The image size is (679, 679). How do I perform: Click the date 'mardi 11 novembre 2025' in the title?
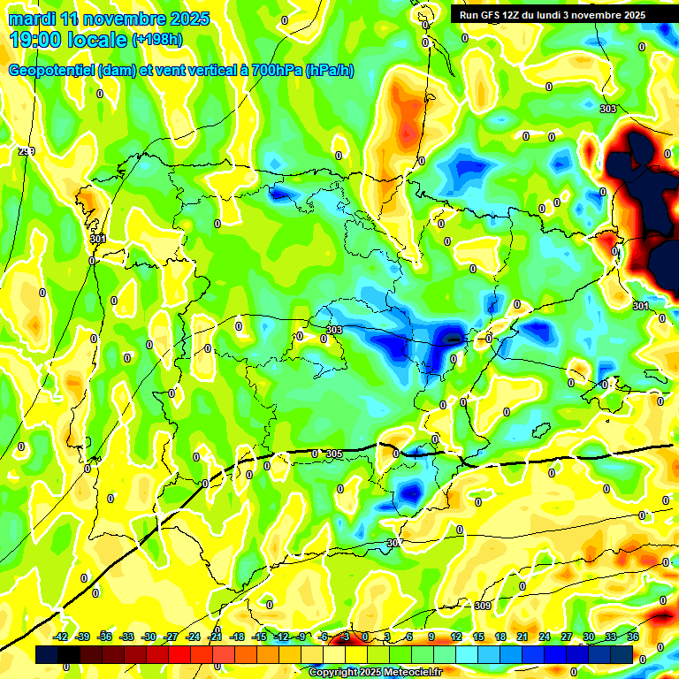(109, 19)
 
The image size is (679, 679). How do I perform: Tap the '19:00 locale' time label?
(69, 39)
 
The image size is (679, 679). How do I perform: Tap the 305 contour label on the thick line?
(333, 454)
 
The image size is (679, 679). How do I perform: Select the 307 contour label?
(395, 543)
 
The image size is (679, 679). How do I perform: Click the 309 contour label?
(482, 606)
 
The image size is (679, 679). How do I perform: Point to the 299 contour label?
(27, 151)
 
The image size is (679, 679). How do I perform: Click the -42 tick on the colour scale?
(61, 637)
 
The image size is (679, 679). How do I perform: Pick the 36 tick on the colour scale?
(633, 637)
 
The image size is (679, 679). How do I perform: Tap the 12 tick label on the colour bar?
(456, 637)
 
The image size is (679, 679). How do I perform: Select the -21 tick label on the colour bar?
(215, 637)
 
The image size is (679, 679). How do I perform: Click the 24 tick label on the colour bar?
(545, 637)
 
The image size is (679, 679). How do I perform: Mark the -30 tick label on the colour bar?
(149, 637)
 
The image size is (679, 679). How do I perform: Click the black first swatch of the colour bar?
(47, 655)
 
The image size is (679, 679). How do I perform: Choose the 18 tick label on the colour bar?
(500, 637)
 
